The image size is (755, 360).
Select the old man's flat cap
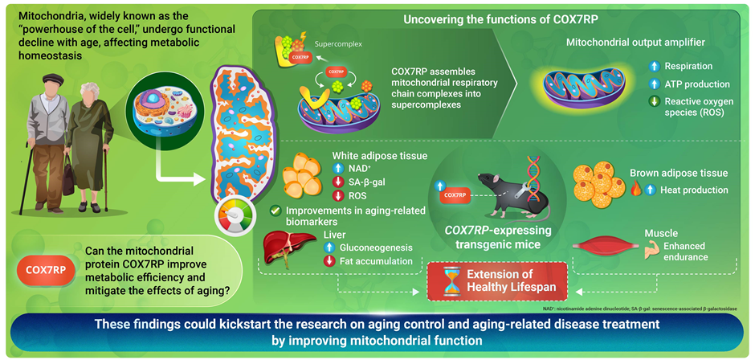[52, 79]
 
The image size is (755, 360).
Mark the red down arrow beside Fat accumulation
[329, 261]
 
